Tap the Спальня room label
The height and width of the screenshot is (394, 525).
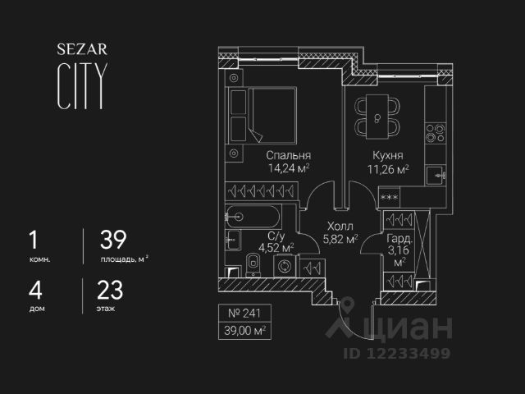point(287,155)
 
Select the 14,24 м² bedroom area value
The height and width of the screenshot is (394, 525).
point(287,170)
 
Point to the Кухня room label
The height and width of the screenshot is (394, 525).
point(387,155)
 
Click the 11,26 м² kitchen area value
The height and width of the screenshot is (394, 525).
point(387,170)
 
